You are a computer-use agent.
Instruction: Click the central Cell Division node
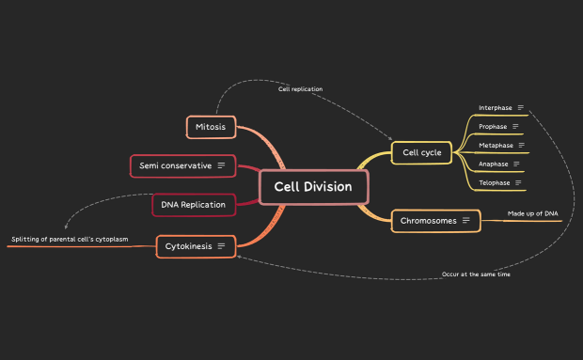313,186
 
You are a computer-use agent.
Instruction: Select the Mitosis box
211,126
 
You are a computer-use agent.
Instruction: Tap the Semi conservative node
181,165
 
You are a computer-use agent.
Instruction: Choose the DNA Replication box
193,204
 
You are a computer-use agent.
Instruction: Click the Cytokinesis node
196,246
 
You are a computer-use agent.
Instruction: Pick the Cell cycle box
422,151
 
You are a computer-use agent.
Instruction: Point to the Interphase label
495,108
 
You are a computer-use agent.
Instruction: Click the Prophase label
493,126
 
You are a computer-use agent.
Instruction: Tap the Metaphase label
496,146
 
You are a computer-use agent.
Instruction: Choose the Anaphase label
494,164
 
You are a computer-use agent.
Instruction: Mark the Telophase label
495,182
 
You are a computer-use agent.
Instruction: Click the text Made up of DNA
532,213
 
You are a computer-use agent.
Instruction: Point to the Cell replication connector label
300,89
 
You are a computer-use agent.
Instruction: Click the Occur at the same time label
476,274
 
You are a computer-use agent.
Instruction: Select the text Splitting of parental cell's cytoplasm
70,240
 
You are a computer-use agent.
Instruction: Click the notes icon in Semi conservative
222,165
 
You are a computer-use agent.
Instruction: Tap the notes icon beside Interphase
521,108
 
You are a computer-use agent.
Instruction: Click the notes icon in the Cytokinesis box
222,246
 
